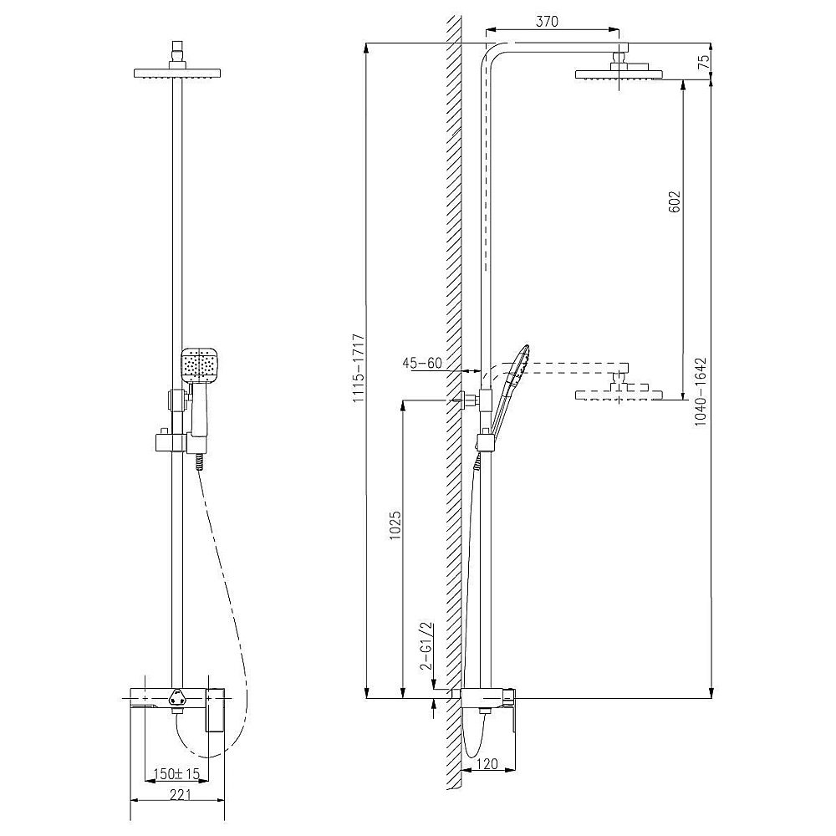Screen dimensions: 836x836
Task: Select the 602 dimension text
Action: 675,202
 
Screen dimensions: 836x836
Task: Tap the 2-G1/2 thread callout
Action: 426,647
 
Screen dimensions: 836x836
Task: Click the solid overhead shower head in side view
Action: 618,74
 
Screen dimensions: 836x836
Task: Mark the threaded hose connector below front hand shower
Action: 198,462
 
